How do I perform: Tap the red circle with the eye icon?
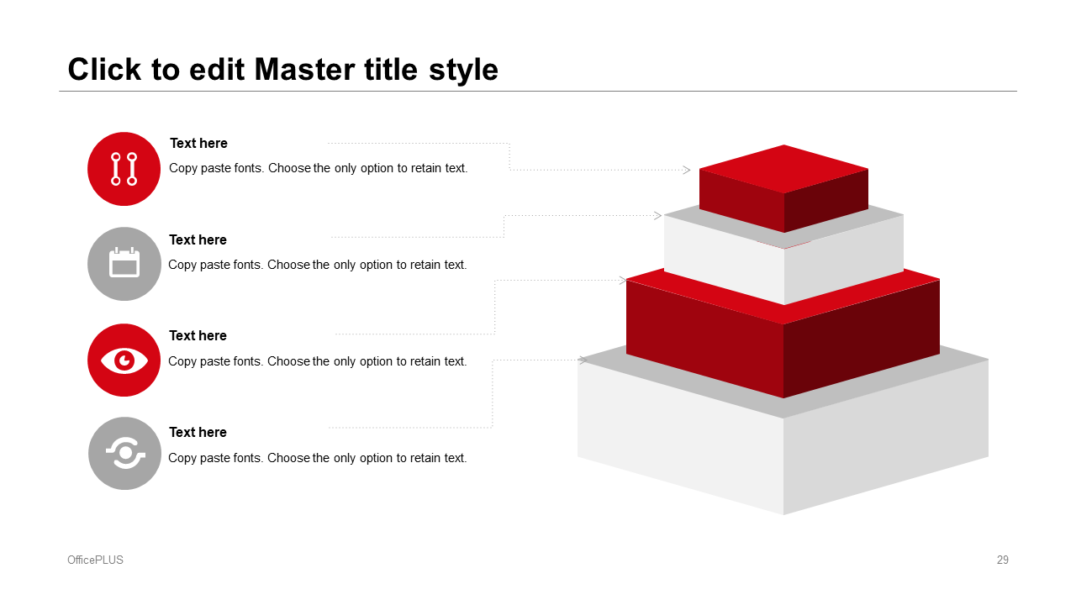point(124,360)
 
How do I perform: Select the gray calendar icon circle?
point(124,264)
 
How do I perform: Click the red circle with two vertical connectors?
point(124,169)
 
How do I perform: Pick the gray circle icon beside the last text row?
point(125,453)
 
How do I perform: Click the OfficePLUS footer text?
point(95,560)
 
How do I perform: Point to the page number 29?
point(1003,560)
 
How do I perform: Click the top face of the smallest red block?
point(783,169)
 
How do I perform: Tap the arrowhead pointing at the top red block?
point(687,170)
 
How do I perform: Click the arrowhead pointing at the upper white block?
point(658,216)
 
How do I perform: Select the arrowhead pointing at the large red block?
point(623,281)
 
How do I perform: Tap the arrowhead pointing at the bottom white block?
point(583,360)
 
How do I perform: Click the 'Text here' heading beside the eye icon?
point(198,335)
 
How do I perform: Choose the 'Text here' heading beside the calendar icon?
point(198,239)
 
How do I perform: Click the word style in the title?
point(463,71)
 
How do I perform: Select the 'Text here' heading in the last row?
point(198,432)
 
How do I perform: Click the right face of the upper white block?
point(844,260)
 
